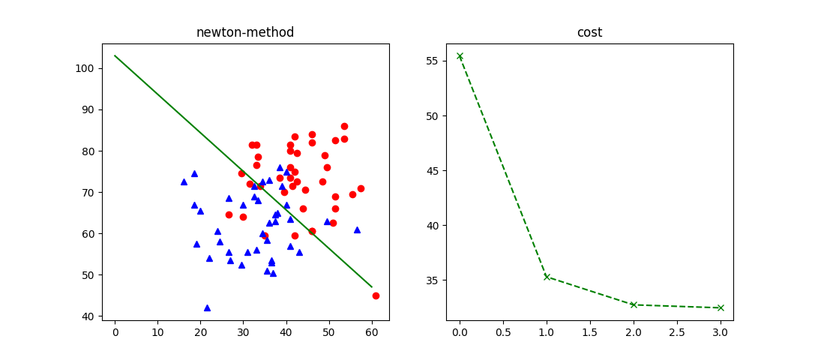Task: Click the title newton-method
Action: point(245,32)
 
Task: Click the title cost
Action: point(589,32)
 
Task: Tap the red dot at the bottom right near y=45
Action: point(376,295)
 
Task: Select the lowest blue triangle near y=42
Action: point(207,307)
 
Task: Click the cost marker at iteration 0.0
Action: point(460,56)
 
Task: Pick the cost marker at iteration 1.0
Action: point(547,277)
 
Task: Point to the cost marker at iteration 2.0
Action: point(634,304)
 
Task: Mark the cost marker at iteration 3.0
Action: point(721,307)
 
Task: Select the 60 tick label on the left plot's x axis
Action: point(371,331)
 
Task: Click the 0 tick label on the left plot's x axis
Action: point(115,331)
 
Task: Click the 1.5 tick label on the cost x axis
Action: point(590,331)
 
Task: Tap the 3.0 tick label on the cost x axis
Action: point(721,331)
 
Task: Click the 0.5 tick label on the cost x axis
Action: point(503,331)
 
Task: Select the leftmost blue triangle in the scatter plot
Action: point(184,181)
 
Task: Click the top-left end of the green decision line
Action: point(115,55)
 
